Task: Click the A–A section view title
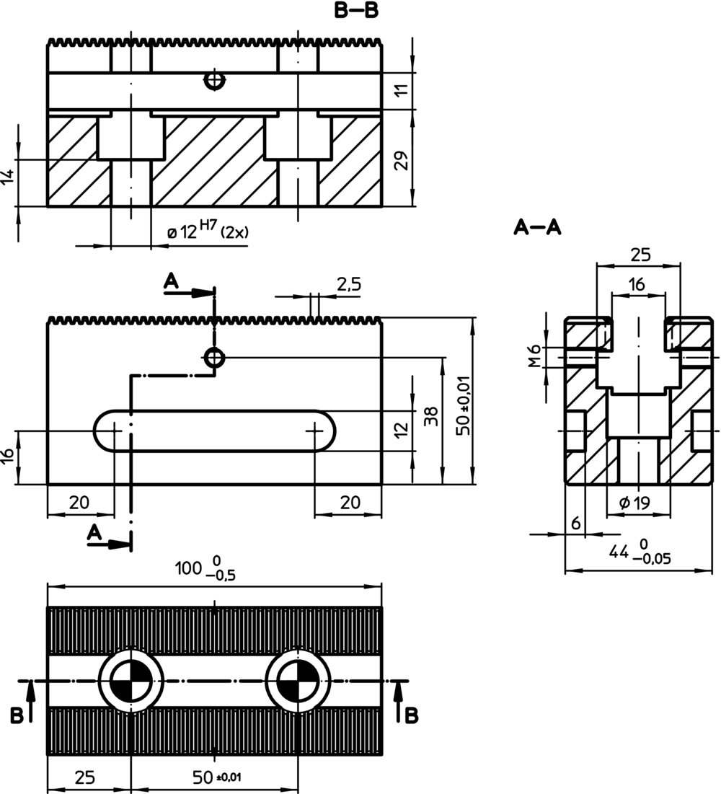[537, 228]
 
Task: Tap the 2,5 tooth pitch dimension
[348, 284]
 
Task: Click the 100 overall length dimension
[205, 569]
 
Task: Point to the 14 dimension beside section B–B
[8, 177]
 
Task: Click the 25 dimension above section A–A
[640, 255]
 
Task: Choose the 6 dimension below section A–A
[575, 524]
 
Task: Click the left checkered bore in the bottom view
[131, 680]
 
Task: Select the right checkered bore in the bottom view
[298, 680]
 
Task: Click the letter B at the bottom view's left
[17, 715]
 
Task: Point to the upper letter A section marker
[171, 281]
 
